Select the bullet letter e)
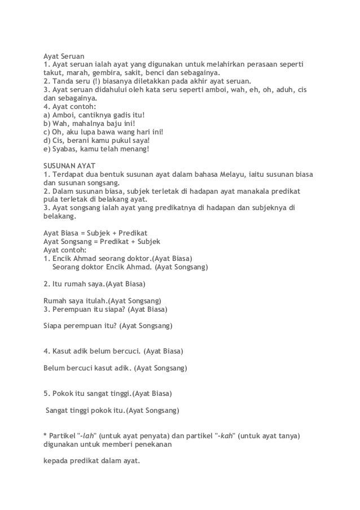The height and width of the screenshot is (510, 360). tap(47, 149)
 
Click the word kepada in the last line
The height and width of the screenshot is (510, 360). tap(56, 460)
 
